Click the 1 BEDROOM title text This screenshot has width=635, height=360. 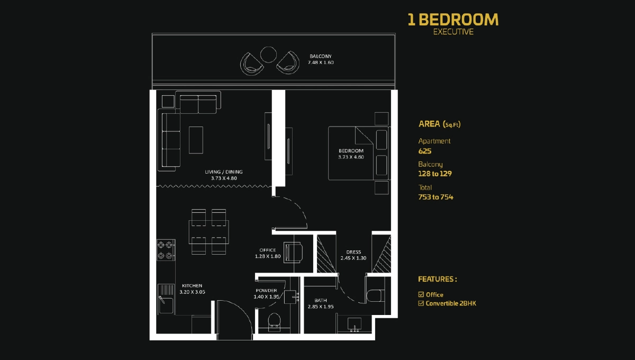pyautogui.click(x=452, y=20)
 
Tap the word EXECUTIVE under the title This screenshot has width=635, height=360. pyautogui.click(x=453, y=32)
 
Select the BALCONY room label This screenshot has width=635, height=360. pyautogui.click(x=320, y=56)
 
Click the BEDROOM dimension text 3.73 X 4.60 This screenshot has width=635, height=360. pyautogui.click(x=351, y=157)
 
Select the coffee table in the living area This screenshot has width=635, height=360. pyautogui.click(x=196, y=140)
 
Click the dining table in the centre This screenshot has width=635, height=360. pyautogui.click(x=209, y=231)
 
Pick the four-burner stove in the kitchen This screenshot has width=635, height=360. pyautogui.click(x=166, y=250)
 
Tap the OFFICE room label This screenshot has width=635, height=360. pyautogui.click(x=267, y=250)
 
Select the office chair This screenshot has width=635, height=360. pyautogui.click(x=293, y=252)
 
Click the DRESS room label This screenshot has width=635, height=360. pyautogui.click(x=353, y=252)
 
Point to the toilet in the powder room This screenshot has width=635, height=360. pyautogui.click(x=274, y=321)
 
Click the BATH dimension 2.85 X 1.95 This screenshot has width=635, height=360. pyautogui.click(x=320, y=307)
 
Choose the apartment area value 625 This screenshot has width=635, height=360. pyautogui.click(x=425, y=151)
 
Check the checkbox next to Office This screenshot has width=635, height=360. pyautogui.click(x=421, y=294)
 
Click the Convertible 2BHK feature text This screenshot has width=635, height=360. pyautogui.click(x=451, y=303)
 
